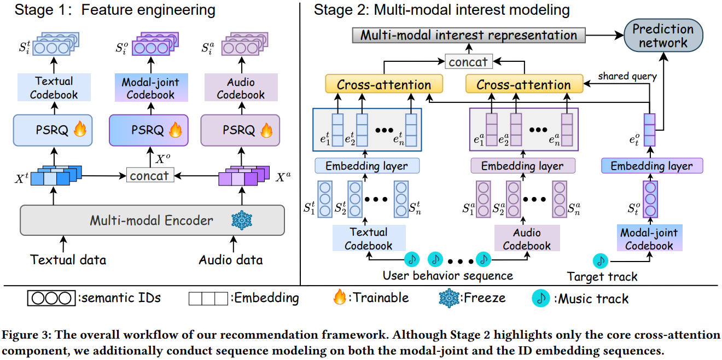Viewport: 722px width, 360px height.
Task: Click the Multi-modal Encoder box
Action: pyautogui.click(x=152, y=220)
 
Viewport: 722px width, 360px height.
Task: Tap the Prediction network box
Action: pyautogui.click(x=663, y=36)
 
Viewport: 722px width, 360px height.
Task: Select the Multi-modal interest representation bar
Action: pyautogui.click(x=469, y=36)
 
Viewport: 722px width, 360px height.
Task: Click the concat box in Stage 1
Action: pyautogui.click(x=150, y=175)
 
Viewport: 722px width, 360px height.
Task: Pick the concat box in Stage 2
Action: pyautogui.click(x=468, y=62)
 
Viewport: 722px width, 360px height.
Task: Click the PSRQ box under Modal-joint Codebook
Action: pyautogui.click(x=148, y=130)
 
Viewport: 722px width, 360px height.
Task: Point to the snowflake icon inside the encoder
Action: pyautogui.click(x=242, y=220)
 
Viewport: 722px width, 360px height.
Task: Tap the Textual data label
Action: pyautogui.click(x=68, y=260)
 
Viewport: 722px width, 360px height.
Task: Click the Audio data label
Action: pyautogui.click(x=231, y=260)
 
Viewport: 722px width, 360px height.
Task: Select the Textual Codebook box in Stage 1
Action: pyautogui.click(x=54, y=88)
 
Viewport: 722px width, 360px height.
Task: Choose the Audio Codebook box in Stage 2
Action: pyautogui.click(x=527, y=239)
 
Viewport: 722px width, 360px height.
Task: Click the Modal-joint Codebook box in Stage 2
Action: pyautogui.click(x=649, y=239)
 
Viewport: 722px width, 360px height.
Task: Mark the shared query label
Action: pyautogui.click(x=627, y=76)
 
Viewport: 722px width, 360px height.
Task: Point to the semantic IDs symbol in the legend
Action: pyautogui.click(x=50, y=298)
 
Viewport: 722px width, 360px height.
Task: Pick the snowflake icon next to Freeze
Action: pyautogui.click(x=449, y=298)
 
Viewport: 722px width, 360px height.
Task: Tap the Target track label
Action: pyautogui.click(x=602, y=276)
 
